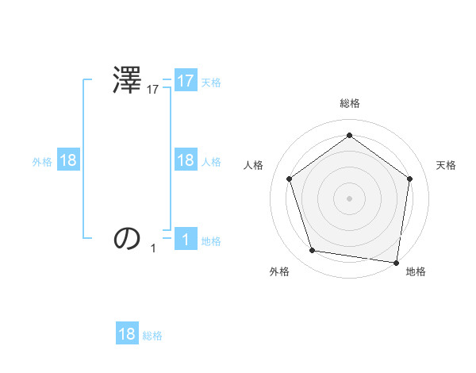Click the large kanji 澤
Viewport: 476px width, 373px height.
tap(128, 82)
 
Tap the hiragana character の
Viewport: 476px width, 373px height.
tap(128, 238)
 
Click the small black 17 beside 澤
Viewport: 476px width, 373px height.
tap(153, 90)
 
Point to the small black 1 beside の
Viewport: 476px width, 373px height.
tap(153, 248)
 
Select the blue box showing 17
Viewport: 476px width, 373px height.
tap(186, 81)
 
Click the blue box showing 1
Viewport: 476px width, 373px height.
tap(186, 239)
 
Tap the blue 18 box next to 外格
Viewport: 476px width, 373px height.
tap(68, 160)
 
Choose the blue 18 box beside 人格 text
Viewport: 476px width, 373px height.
tap(186, 160)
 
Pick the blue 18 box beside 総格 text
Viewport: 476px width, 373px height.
tap(127, 334)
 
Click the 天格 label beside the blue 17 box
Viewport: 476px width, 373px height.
tap(211, 82)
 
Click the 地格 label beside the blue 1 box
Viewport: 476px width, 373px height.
tap(211, 240)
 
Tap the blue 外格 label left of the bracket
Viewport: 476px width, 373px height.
tap(42, 161)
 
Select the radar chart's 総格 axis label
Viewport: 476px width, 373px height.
tap(349, 103)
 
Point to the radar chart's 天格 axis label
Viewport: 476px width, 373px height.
tap(446, 165)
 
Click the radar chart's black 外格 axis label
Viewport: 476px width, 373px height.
tap(279, 271)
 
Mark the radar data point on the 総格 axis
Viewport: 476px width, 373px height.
tap(349, 135)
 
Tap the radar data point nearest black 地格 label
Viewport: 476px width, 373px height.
tap(396, 262)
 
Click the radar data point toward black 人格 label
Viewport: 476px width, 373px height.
tap(289, 179)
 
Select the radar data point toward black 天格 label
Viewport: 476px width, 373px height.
tap(409, 179)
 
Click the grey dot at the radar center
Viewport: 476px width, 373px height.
tap(349, 198)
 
